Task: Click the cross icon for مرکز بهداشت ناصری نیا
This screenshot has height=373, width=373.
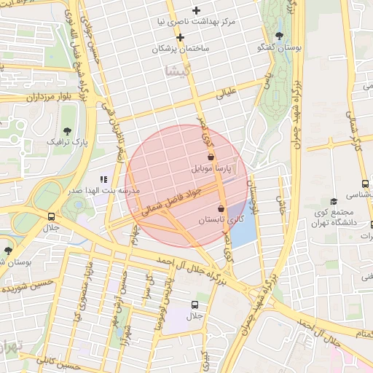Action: coord(196,10)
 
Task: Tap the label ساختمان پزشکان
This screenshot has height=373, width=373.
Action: coord(181,48)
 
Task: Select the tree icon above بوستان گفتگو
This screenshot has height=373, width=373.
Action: coord(280,36)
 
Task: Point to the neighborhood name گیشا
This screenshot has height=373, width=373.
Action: coord(177,71)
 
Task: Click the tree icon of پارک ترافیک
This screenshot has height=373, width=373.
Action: coord(68,131)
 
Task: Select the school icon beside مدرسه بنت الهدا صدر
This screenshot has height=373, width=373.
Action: coord(103,178)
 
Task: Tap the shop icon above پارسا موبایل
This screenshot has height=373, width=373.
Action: coord(211,157)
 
